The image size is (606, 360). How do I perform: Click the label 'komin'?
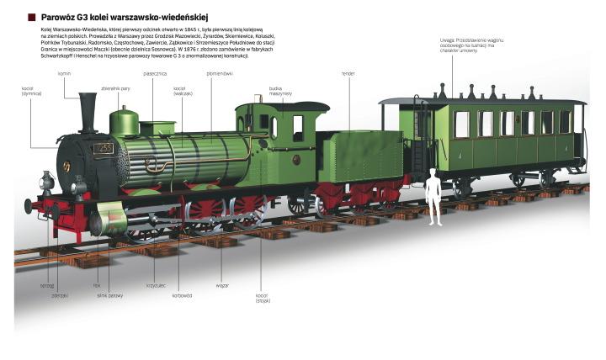coord(64,74)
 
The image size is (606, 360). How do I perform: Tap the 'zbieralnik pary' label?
coord(115,87)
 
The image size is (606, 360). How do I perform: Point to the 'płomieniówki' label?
coord(220,74)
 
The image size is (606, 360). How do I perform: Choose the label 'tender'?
coord(348,74)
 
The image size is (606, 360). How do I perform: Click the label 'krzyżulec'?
coord(156,284)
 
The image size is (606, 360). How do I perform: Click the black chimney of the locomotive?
coord(88,113)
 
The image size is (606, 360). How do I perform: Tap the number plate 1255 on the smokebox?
coord(103,149)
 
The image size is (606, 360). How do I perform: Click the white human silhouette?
coord(433,197)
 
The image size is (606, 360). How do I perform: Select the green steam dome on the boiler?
coord(125,122)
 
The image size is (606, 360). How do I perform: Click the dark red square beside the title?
coord(31,16)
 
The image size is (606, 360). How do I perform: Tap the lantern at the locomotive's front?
coord(47,180)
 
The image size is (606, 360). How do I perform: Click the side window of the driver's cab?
coord(297,128)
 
